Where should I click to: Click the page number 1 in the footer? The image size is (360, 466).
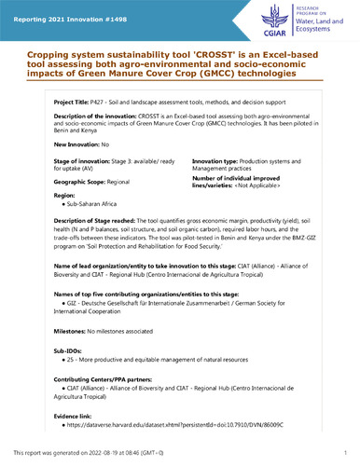[345, 453]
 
